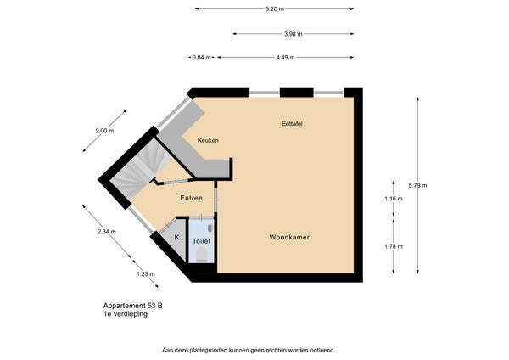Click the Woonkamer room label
pos(288,237)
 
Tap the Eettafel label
pos(294,123)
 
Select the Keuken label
pos(209,140)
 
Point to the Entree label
pos(191,198)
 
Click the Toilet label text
pos(201,241)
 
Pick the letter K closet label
pos(176,237)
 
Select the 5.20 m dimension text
pos(274,9)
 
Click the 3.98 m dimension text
pos(294,34)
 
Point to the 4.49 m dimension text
pos(286,58)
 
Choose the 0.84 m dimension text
pos(201,58)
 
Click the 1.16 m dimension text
pos(394,199)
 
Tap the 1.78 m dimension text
pos(394,246)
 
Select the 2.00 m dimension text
pos(103,131)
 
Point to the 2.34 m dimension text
pos(107,231)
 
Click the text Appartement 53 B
pos(133,305)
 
